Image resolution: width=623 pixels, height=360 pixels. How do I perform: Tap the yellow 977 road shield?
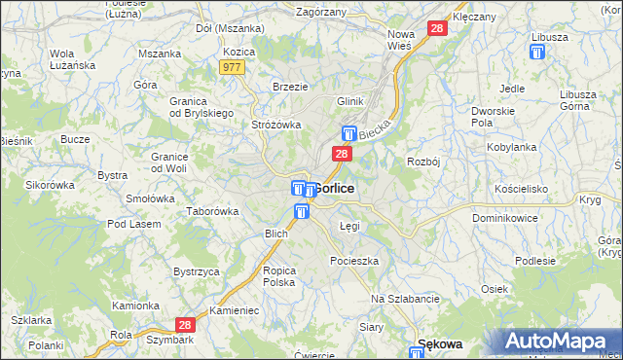232,67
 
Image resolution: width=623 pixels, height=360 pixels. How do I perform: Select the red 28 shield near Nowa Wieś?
437,29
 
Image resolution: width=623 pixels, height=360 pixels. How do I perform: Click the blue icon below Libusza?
536,54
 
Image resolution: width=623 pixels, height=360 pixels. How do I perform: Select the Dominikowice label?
505,219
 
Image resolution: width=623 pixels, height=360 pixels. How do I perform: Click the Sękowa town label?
438,343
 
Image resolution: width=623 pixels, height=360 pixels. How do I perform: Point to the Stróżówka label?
277,125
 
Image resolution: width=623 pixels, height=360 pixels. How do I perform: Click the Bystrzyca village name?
196,271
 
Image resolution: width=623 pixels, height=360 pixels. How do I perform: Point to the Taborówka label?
213,211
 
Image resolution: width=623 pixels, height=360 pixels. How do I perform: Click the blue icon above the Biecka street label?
348,134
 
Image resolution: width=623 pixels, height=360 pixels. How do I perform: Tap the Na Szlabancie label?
406,299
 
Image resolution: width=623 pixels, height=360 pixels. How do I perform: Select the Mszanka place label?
160,54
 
